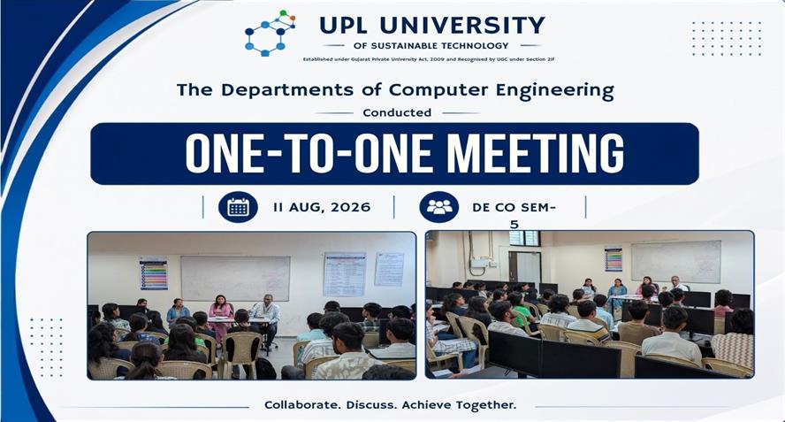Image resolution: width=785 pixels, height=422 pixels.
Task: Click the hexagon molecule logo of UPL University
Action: tap(270, 33)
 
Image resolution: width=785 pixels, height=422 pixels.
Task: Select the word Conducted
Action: tap(397, 112)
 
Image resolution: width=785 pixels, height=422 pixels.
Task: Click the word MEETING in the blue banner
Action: tap(536, 153)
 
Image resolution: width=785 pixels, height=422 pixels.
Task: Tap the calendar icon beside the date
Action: tap(238, 206)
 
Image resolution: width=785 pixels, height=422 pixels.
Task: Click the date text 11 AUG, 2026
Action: tap(322, 207)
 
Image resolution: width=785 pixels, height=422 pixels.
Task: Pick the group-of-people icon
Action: tap(439, 206)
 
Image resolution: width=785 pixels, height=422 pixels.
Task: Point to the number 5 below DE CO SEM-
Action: tap(514, 225)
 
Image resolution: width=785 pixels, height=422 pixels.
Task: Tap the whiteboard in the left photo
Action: tap(235, 278)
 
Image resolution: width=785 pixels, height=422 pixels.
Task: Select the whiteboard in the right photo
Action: tap(676, 261)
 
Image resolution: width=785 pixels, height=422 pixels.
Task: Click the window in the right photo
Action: tap(523, 238)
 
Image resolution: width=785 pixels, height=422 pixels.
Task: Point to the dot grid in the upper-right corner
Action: tap(727, 39)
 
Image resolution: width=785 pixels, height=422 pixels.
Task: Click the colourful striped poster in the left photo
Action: tap(154, 273)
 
